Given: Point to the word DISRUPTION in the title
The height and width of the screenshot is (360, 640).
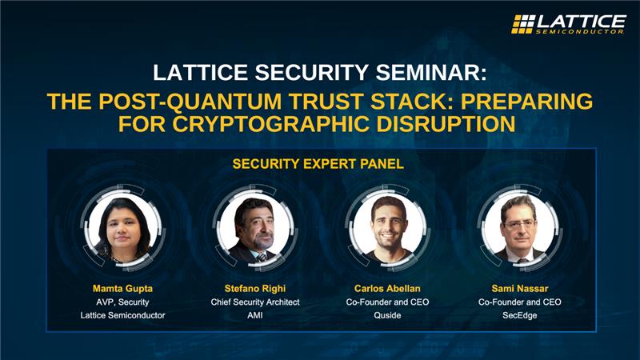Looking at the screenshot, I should coord(450,125).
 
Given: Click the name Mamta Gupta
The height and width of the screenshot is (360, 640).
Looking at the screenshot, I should coord(123,287).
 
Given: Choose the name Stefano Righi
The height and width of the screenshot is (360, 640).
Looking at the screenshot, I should coord(254,287).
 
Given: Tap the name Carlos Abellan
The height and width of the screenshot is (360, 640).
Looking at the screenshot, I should coord(386,287).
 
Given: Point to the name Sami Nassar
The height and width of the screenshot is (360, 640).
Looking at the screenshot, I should coord(519,287).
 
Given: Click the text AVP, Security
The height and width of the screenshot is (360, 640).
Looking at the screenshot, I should coord(123,302).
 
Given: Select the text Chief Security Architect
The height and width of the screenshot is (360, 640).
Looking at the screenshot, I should coord(254,302).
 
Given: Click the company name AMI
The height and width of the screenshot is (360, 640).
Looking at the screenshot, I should coord(254,315).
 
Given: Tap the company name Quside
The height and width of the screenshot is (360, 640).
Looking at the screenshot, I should coord(386,315).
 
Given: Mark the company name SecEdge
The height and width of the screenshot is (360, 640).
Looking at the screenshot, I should coord(519,315).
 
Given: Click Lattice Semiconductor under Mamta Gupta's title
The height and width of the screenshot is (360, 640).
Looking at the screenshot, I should coord(123,315).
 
